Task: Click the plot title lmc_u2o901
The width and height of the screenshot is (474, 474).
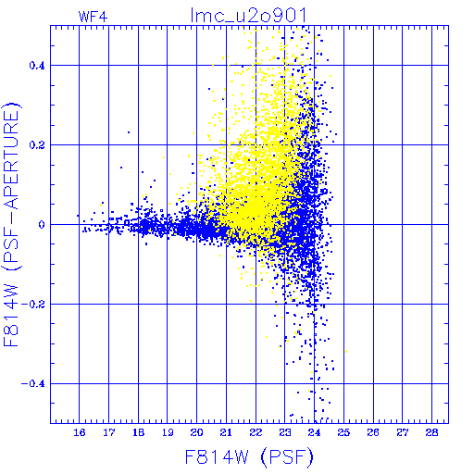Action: [x=249, y=16]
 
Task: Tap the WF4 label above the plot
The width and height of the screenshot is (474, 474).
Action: [x=93, y=17]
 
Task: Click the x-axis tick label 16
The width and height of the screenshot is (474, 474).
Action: [x=80, y=432]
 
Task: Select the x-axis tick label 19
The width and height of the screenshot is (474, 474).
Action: [x=168, y=432]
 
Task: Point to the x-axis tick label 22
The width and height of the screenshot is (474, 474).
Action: [x=256, y=432]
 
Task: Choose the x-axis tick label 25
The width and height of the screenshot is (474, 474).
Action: [x=343, y=432]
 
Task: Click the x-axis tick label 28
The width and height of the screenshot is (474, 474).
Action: [x=431, y=432]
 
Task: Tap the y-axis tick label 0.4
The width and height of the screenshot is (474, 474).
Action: [x=37, y=66]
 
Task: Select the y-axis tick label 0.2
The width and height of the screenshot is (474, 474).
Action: [x=37, y=145]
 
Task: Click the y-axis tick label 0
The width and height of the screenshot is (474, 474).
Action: [x=42, y=225]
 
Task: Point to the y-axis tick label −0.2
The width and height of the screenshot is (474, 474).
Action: [x=33, y=305]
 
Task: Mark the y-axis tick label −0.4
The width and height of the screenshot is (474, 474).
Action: [x=33, y=384]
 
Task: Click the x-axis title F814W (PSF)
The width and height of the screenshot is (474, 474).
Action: [x=249, y=457]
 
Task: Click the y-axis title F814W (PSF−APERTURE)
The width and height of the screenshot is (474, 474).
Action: [x=12, y=225]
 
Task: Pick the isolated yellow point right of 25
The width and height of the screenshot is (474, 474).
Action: [x=346, y=351]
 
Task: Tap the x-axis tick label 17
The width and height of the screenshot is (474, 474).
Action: [x=109, y=432]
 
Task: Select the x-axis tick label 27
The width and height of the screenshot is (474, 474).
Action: [x=403, y=432]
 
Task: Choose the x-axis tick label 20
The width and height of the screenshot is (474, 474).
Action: [x=197, y=432]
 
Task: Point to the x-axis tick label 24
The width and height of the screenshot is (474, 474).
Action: [x=314, y=432]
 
